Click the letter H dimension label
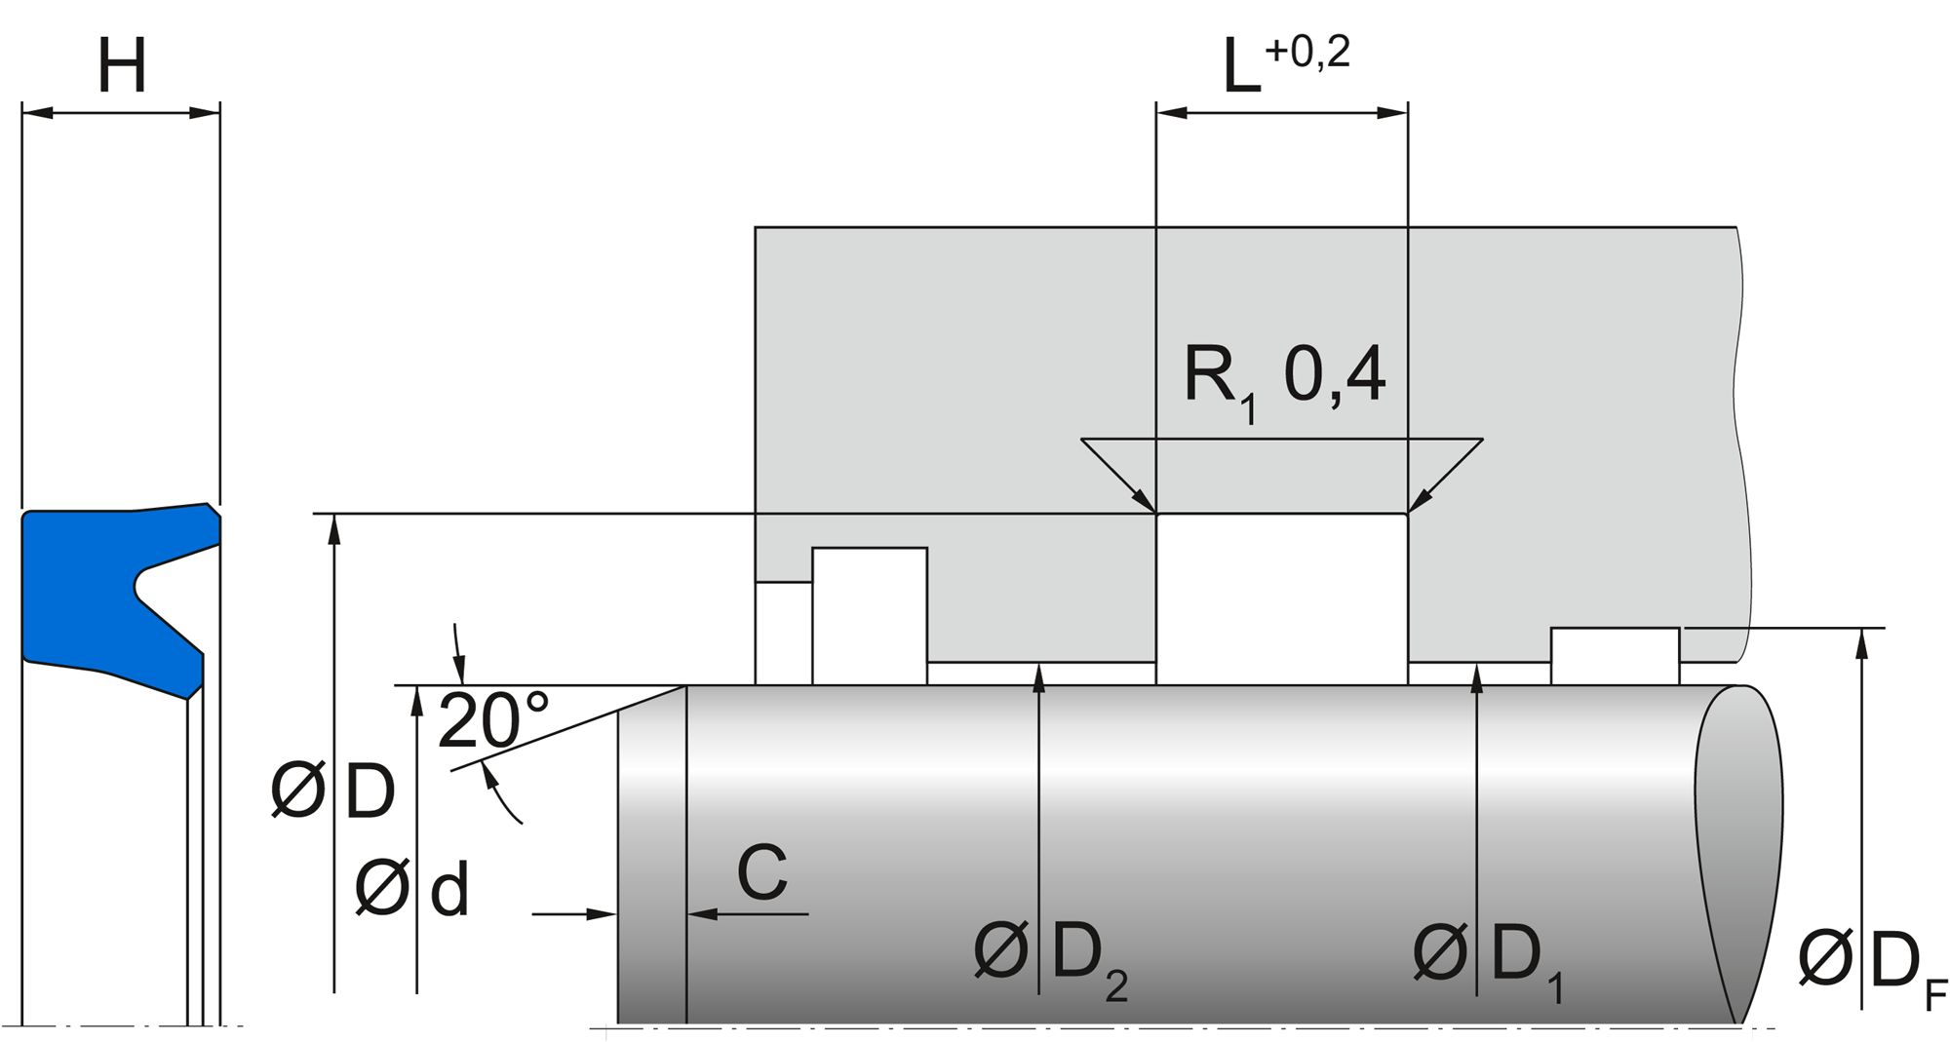(122, 66)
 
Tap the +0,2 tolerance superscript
(1306, 52)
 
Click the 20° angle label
(492, 721)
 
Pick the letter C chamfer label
(761, 873)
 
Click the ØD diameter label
(333, 791)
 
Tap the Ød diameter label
(411, 888)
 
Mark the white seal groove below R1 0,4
(1281, 598)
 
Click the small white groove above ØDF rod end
(1615, 656)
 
